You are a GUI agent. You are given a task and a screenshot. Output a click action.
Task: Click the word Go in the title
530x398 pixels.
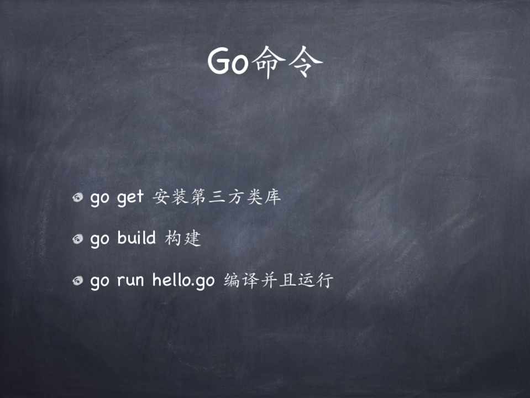click(x=228, y=61)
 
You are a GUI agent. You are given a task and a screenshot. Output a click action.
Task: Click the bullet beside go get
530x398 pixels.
click(x=78, y=197)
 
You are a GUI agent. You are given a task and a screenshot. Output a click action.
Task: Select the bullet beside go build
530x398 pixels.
click(x=78, y=239)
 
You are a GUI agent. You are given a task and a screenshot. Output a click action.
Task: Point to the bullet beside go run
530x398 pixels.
click(x=78, y=280)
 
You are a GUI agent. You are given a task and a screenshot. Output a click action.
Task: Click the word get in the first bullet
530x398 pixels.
click(x=130, y=197)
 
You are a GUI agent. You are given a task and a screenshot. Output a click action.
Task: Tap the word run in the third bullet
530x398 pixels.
click(x=130, y=281)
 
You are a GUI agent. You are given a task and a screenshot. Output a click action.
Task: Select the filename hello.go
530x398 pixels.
click(x=183, y=281)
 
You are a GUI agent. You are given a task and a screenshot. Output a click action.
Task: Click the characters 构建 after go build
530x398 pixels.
click(x=183, y=238)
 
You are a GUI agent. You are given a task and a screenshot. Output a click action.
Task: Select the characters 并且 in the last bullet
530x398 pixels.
click(x=278, y=280)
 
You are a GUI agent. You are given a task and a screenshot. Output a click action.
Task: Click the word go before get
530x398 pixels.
click(x=99, y=199)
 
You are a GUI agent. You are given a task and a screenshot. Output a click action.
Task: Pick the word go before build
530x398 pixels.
click(x=99, y=240)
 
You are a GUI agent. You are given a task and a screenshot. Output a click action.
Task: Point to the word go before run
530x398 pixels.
click(x=99, y=282)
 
